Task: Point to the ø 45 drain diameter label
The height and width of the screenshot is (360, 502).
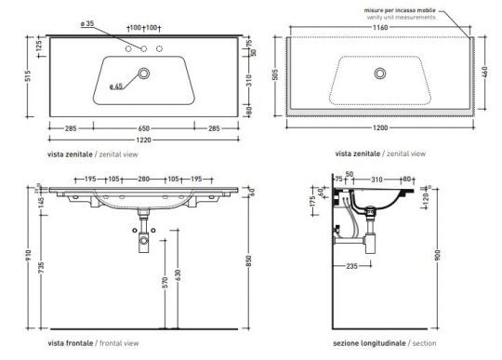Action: tap(115, 87)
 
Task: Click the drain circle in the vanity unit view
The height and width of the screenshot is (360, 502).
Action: tap(378, 73)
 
